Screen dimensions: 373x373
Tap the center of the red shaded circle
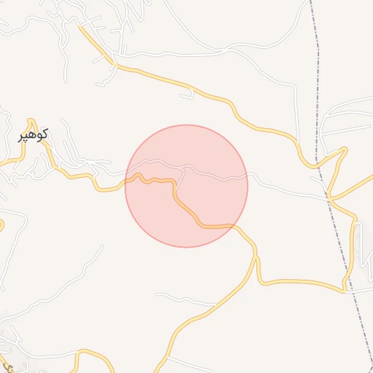(186, 186)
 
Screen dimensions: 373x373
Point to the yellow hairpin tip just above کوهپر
(31, 120)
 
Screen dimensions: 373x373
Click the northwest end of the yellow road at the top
(79, 27)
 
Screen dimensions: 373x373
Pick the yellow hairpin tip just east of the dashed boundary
(345, 149)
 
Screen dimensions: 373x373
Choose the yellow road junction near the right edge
(329, 197)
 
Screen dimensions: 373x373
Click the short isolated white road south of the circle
(186, 299)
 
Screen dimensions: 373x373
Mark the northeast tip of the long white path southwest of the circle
(102, 246)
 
